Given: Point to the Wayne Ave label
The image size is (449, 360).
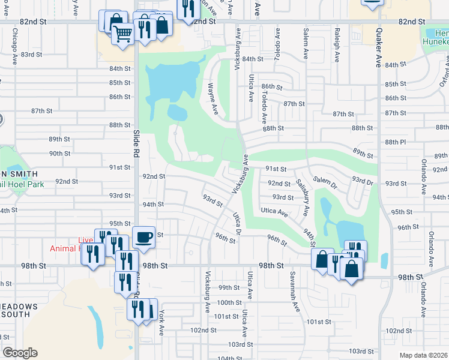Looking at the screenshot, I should click(212, 99).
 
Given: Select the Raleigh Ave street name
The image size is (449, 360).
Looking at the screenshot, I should click(337, 40).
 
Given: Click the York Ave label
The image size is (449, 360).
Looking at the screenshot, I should click(160, 323).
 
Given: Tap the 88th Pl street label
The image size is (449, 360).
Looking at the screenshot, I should click(396, 142).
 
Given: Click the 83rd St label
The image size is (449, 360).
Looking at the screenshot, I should click(31, 54).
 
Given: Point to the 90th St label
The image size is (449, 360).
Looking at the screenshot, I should click(60, 153).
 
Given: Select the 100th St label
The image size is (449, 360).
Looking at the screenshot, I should click(229, 302).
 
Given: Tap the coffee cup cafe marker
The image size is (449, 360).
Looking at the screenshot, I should click(144, 237).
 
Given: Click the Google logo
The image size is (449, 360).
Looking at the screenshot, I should click(20, 353).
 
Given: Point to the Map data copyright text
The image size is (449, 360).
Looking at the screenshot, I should click(423, 355).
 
